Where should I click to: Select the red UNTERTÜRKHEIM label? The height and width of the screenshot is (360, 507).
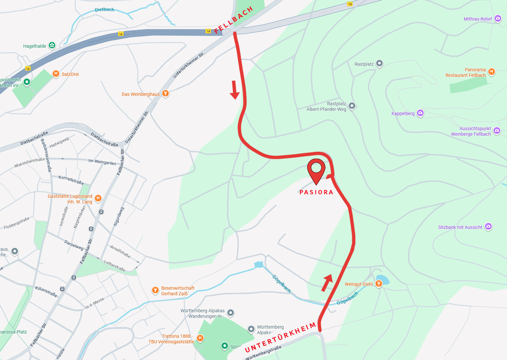tap(281, 337)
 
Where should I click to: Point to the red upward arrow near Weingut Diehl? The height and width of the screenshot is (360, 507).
tap(327, 283)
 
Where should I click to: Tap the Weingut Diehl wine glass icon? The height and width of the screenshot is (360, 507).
tap(379, 283)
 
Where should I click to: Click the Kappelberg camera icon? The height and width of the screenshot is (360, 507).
tap(420, 113)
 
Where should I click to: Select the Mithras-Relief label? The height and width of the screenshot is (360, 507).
tap(478, 19)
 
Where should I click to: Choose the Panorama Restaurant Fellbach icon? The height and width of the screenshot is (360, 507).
tap(491, 72)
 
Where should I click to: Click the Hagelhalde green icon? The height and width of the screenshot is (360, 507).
tap(52, 45)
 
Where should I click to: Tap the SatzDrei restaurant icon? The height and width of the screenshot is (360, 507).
tap(56, 74)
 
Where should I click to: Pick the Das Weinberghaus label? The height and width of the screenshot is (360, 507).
tap(141, 94)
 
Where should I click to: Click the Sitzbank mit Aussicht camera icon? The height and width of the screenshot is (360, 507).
tap(488, 226)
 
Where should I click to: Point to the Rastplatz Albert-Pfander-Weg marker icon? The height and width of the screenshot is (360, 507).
tap(352, 106)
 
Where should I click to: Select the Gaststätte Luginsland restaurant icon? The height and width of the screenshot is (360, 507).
tap(98, 198)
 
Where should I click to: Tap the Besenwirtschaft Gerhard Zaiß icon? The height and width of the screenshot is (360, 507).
tap(155, 290)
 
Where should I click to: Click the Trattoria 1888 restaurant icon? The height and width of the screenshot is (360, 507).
tap(200, 338)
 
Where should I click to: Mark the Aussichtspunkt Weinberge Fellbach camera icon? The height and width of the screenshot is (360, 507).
tap(497, 131)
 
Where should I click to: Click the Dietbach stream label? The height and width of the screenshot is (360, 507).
tap(104, 9)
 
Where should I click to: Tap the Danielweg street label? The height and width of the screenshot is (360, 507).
tap(74, 245)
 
